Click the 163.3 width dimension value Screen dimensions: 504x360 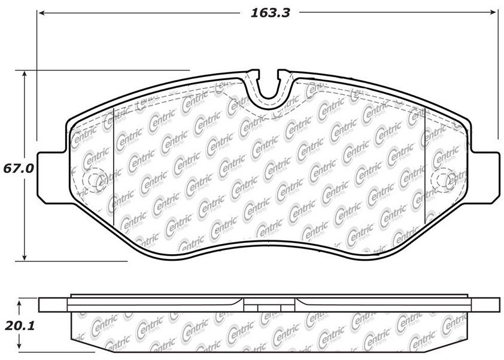point(271,13)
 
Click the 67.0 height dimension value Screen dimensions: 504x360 point(19,168)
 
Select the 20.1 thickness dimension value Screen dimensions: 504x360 point(20,327)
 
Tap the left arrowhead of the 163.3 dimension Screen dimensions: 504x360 point(42,13)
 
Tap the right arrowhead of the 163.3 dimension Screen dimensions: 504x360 point(493,13)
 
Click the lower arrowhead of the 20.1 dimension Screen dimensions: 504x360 point(20,345)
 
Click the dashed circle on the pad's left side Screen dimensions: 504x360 point(83,181)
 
